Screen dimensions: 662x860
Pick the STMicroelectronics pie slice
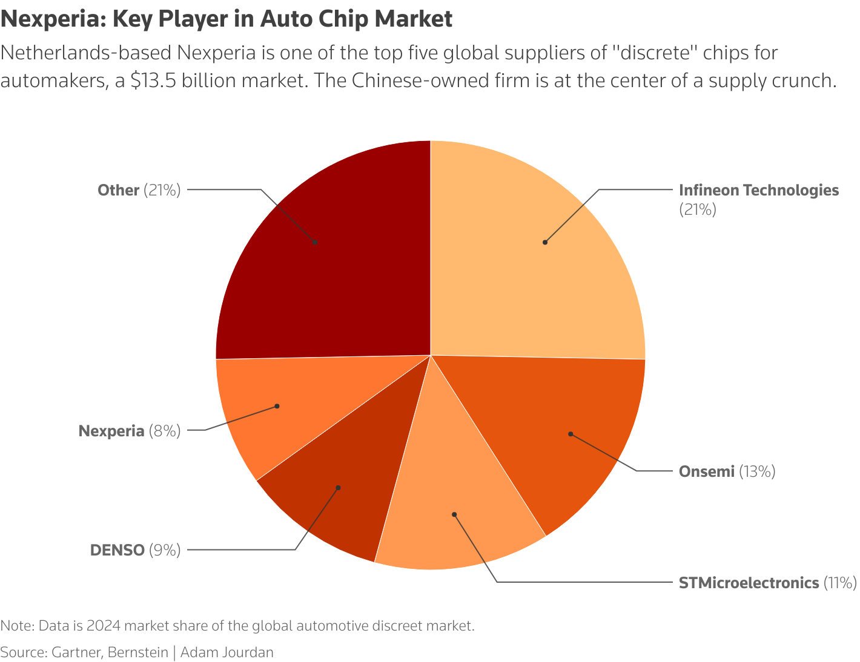460,520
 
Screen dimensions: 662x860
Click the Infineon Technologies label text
758,190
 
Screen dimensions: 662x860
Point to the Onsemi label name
706,471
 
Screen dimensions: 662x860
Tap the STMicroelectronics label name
749,583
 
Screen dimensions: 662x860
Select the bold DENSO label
117,550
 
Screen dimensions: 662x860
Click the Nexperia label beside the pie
111,431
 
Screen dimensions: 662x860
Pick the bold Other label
119,190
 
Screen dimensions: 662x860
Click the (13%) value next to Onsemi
757,471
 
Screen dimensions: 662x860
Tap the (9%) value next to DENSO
165,550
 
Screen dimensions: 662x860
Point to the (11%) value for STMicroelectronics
839,583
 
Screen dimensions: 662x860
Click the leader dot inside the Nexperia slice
277,406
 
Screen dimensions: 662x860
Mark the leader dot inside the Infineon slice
545,242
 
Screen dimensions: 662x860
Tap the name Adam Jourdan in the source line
227,652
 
